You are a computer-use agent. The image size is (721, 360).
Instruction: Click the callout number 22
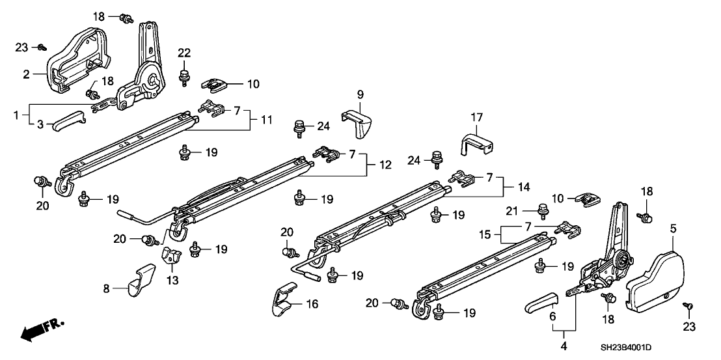coord(184,53)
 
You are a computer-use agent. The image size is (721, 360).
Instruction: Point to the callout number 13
coord(171,280)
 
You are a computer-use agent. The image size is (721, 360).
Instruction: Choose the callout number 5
coord(673,228)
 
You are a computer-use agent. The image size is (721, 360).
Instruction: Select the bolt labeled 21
coord(541,210)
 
